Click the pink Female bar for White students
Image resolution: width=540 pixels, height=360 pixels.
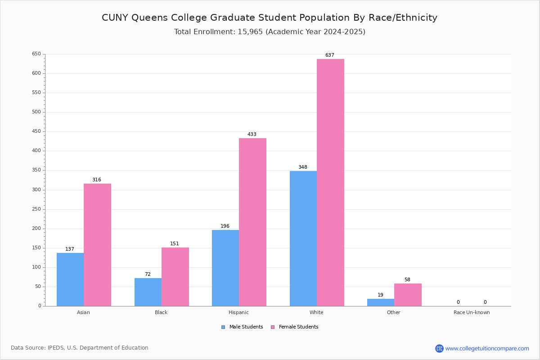coord(330,182)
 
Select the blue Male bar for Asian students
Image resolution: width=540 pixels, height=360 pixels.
coord(70,279)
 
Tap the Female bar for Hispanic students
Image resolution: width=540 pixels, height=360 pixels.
coord(252,222)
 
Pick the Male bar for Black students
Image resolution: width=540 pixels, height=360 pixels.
coord(148,292)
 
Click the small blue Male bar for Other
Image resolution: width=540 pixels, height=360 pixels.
coord(381,302)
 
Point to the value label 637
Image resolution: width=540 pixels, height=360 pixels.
coord(330,55)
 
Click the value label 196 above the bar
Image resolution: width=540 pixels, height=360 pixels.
coord(225,226)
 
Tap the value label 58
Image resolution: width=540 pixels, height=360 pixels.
coord(407,280)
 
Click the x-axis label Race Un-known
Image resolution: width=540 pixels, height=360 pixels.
coord(472,313)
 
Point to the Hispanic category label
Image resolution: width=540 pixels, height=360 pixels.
coord(238,313)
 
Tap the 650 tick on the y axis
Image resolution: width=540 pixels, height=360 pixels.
coord(36,54)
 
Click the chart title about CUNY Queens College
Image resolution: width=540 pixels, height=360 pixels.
coord(270,18)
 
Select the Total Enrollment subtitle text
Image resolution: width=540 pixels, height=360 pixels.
coord(270,32)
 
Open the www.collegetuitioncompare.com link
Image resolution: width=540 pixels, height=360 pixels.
coord(487,349)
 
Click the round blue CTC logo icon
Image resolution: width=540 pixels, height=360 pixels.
coord(439,349)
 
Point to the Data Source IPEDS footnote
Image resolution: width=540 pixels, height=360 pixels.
coord(80,348)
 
